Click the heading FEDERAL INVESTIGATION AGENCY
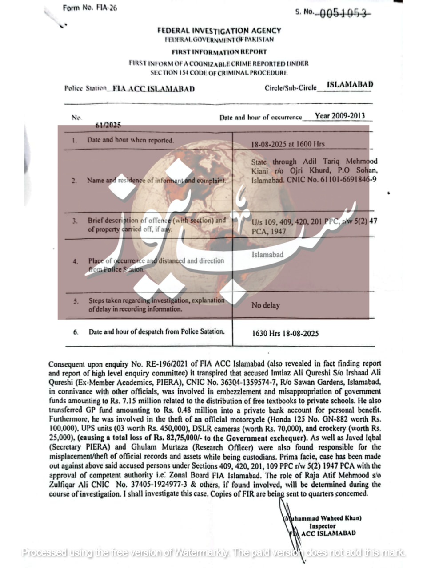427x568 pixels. tap(219, 31)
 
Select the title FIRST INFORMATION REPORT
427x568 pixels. tap(219, 51)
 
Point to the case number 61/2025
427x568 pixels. tap(108, 125)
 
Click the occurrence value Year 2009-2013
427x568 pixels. tap(340, 116)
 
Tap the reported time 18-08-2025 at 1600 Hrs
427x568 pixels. tap(288, 144)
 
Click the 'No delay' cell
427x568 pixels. tap(266, 305)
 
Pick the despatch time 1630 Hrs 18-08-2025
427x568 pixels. tap(285, 333)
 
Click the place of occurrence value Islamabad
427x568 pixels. tap(267, 255)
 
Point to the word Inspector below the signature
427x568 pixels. tap(323, 526)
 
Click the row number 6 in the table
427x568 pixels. tap(76, 332)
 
